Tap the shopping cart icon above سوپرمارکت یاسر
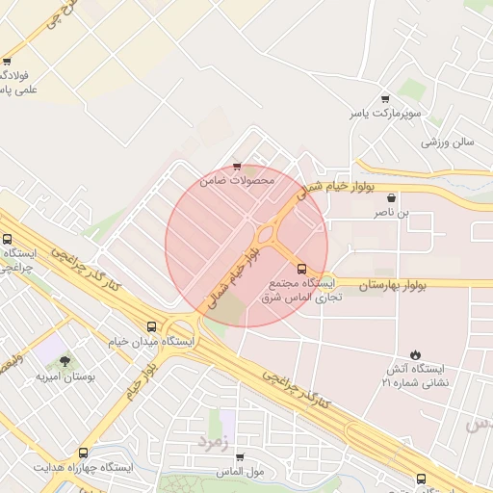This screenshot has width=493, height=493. pyautogui.click(x=385, y=98)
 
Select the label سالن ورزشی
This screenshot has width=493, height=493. pyautogui.click(x=448, y=142)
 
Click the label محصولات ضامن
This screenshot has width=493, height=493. pyautogui.click(x=237, y=180)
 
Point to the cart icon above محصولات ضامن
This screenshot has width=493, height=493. pyautogui.click(x=237, y=166)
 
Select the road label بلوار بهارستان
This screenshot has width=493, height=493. pyautogui.click(x=397, y=284)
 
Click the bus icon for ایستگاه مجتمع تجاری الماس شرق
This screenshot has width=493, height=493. pyautogui.click(x=302, y=269)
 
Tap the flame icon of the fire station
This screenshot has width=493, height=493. pyautogui.click(x=415, y=354)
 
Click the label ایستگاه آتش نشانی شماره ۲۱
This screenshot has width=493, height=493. pyautogui.click(x=415, y=376)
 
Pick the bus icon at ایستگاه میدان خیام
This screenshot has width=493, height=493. pyautogui.click(x=151, y=326)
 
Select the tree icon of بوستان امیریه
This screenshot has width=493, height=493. pyautogui.click(x=65, y=361)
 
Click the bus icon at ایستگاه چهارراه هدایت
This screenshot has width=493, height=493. pyautogui.click(x=83, y=453)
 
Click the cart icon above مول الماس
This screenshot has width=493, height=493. pyautogui.click(x=240, y=456)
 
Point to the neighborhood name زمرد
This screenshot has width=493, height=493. pyautogui.click(x=214, y=440)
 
